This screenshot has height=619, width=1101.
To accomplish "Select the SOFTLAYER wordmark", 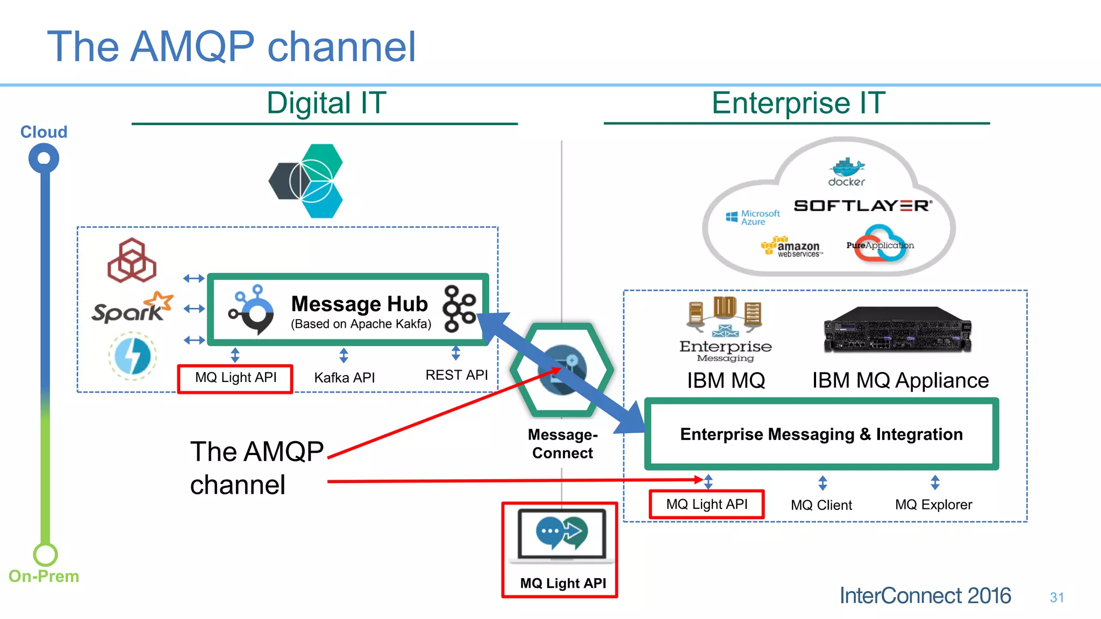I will [x=862, y=206].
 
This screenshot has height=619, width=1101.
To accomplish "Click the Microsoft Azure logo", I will [x=753, y=218].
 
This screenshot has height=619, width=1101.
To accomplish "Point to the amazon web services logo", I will [x=791, y=247].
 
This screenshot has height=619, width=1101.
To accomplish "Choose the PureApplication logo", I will [x=880, y=245].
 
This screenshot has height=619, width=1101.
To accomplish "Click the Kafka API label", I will [x=344, y=378].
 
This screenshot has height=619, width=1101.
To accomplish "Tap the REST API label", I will [x=456, y=375].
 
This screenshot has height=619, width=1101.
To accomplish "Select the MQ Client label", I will [x=821, y=505].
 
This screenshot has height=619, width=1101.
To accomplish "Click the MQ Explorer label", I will [x=933, y=505].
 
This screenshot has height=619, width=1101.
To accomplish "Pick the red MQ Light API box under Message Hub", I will [x=235, y=378].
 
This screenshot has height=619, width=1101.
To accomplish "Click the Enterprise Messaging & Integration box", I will [x=821, y=434].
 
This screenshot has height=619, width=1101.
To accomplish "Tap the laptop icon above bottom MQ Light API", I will [x=561, y=534].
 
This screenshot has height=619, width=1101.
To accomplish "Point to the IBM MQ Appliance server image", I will [x=897, y=329].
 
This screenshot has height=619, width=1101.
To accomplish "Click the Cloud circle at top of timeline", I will [x=44, y=159].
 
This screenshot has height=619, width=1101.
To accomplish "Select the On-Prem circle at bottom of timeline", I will [x=45, y=555].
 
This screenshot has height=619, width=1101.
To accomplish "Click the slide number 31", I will [x=1056, y=598].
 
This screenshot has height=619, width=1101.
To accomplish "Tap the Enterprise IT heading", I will [x=798, y=103].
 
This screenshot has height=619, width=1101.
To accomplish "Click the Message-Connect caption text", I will [x=562, y=444].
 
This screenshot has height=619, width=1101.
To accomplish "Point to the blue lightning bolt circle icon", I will [x=132, y=356].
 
